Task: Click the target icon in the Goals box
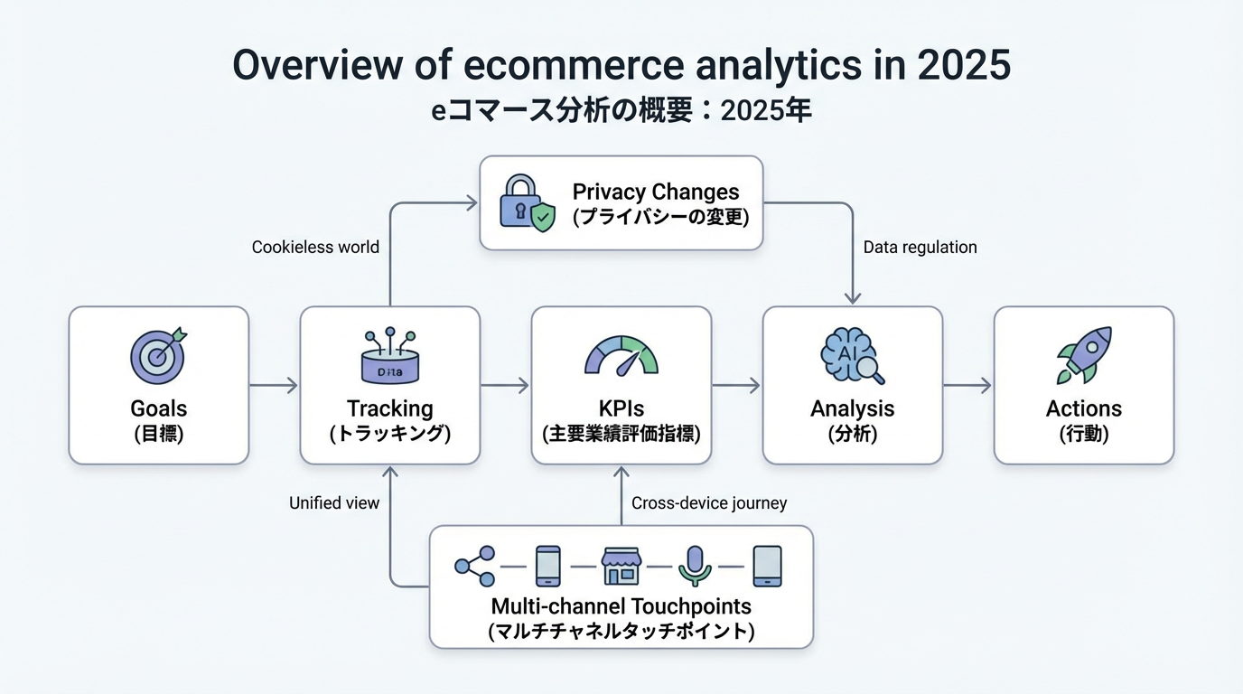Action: (158, 354)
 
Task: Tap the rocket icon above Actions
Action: (1083, 354)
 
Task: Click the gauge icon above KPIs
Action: (621, 356)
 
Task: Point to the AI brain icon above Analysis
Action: (851, 356)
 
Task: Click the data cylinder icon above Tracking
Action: (389, 357)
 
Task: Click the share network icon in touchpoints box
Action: (475, 567)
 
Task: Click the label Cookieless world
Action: (315, 247)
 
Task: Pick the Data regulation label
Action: (920, 247)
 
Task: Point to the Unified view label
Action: (334, 502)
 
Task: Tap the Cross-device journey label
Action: (709, 502)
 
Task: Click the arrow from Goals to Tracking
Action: (274, 386)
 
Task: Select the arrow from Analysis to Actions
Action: (967, 386)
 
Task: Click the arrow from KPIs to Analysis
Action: (736, 386)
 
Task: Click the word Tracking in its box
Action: (389, 408)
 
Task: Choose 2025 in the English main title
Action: (963, 65)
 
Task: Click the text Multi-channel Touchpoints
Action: (621, 606)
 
